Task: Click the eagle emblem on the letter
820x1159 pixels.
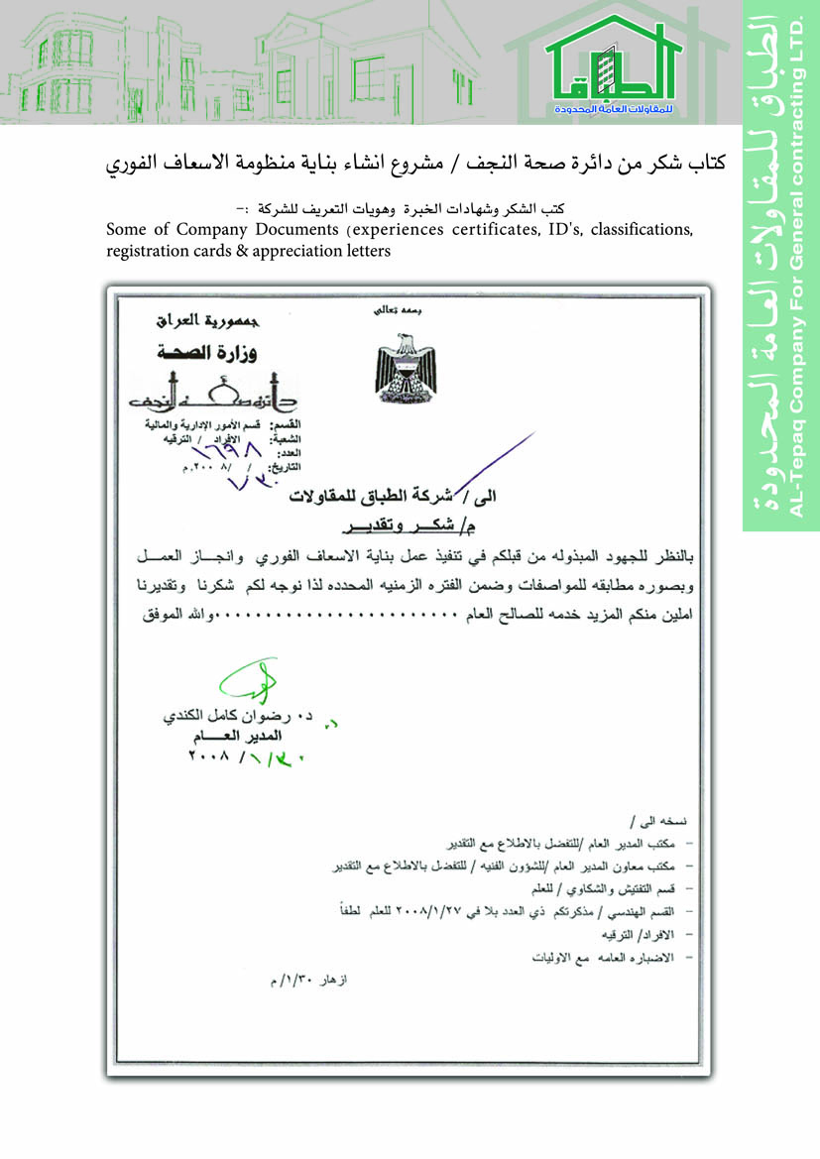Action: tap(401, 364)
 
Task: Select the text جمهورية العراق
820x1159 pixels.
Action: tap(199, 322)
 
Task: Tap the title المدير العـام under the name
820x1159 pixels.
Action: tap(235, 737)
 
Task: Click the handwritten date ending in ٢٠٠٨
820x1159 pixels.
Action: tap(234, 757)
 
